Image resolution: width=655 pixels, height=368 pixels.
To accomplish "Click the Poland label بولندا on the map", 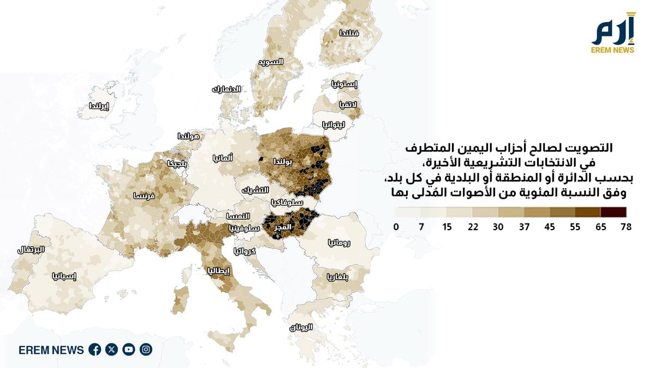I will [284, 162].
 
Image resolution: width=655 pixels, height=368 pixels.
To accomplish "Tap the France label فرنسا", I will [145, 195].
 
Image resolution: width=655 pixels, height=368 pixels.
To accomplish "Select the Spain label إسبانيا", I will [64, 276].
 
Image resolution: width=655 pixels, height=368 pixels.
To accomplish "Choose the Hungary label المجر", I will [286, 226].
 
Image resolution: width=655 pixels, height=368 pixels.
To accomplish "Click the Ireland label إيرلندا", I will [99, 106].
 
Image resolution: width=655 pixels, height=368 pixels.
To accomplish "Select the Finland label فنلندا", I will [349, 33].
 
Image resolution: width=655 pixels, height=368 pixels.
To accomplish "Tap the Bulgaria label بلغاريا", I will [338, 276].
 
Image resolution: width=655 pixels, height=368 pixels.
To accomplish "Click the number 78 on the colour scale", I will [626, 227].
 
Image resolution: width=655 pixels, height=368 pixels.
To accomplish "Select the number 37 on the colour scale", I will [524, 227].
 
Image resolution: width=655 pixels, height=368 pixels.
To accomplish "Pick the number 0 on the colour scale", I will [396, 227].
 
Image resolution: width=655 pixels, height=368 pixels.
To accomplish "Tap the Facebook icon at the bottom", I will [94, 349].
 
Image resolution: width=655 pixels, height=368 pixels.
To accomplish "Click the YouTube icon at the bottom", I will [129, 349].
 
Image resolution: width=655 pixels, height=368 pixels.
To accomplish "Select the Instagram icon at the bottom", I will [146, 349].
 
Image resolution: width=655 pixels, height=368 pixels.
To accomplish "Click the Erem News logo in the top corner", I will [613, 34].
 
